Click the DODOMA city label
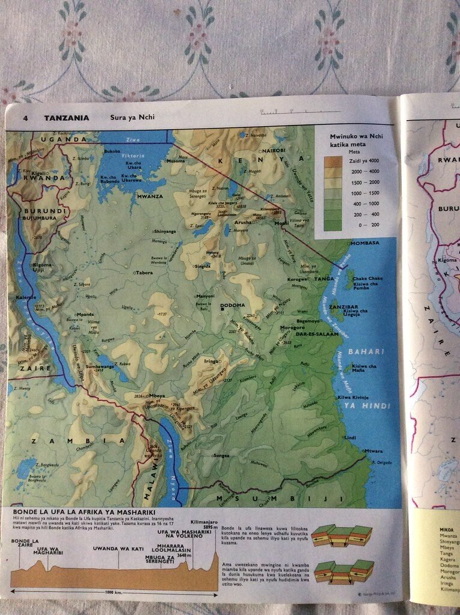coord(233,306)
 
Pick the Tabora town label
coord(145,272)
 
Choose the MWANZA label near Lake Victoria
coord(150,196)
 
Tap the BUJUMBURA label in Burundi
coord(40,219)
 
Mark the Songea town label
coord(221,456)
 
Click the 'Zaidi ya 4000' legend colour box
coord(333,161)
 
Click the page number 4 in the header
coord(26,118)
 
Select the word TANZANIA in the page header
coord(66,118)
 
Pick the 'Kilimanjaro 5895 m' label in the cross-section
coord(204,526)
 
